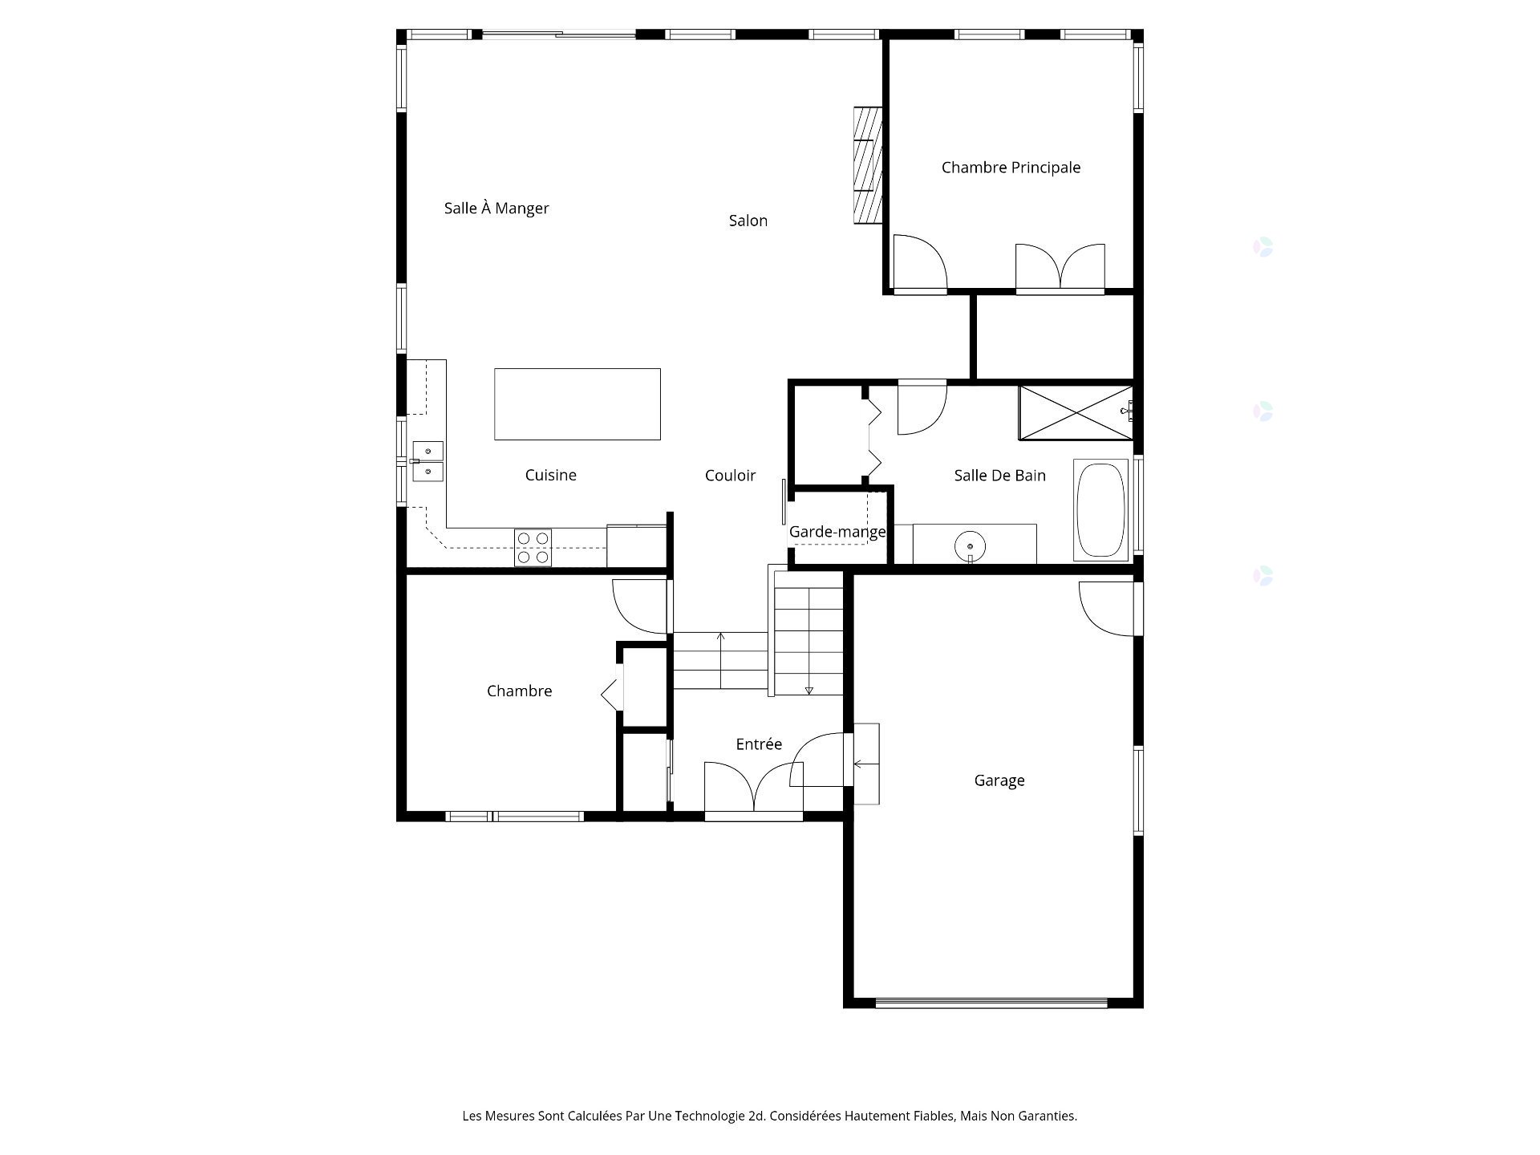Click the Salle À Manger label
[496, 209]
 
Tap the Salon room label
[748, 221]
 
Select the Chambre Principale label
[1011, 168]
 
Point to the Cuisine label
[551, 475]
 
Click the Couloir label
[730, 476]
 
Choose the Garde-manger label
[837, 532]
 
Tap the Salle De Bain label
[1000, 476]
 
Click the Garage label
[999, 780]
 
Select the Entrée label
[759, 744]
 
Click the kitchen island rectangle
[577, 404]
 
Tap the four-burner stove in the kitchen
[533, 548]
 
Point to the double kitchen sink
[428, 461]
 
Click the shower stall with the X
[1076, 413]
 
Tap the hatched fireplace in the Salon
[867, 165]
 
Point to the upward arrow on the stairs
[721, 660]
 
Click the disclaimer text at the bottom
[770, 1116]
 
